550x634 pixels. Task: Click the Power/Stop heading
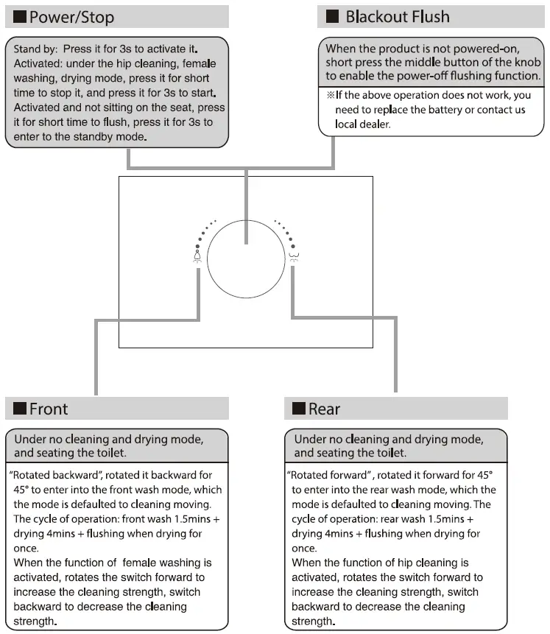coord(71,17)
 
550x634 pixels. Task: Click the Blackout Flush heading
coord(398,16)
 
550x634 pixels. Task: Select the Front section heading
coord(49,409)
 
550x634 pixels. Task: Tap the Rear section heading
coord(325,409)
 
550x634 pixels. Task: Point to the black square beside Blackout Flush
coord(333,16)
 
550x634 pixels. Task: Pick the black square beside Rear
coord(299,409)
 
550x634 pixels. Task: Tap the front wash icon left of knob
coord(197,256)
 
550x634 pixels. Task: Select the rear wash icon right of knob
coord(295,256)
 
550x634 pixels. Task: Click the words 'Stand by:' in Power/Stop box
coord(37,49)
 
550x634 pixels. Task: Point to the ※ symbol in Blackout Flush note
coord(331,96)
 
